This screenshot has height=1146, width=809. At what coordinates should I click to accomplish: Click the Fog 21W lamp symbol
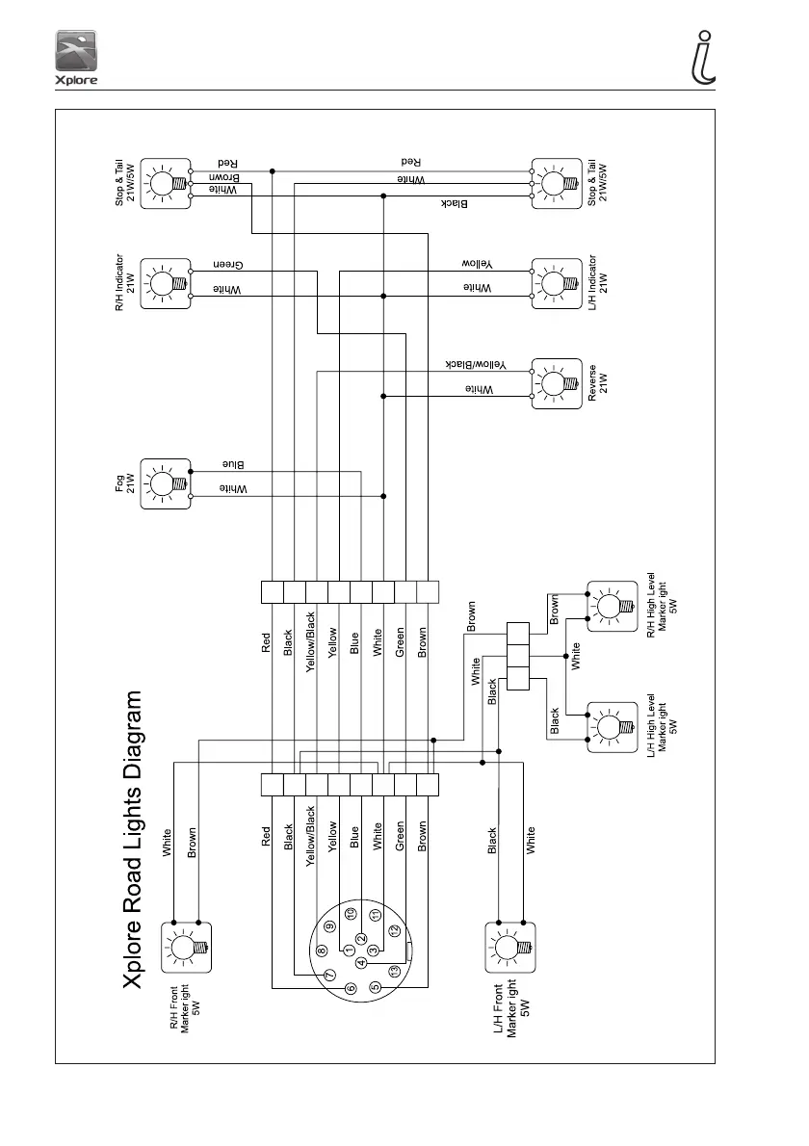(x=166, y=482)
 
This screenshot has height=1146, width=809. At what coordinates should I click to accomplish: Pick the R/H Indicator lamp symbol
(x=166, y=282)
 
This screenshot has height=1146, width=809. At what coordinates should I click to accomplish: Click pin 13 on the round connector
(x=394, y=971)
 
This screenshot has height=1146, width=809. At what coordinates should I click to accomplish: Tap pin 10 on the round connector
(x=352, y=913)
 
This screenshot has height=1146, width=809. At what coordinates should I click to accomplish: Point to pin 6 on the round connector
(x=352, y=987)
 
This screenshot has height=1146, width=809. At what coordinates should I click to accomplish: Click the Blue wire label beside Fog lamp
(x=234, y=465)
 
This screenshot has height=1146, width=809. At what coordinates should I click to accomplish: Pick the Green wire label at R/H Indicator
(x=227, y=265)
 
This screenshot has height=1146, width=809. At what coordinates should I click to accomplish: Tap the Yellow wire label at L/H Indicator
(x=478, y=265)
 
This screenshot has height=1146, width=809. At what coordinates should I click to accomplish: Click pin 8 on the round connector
(x=322, y=950)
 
